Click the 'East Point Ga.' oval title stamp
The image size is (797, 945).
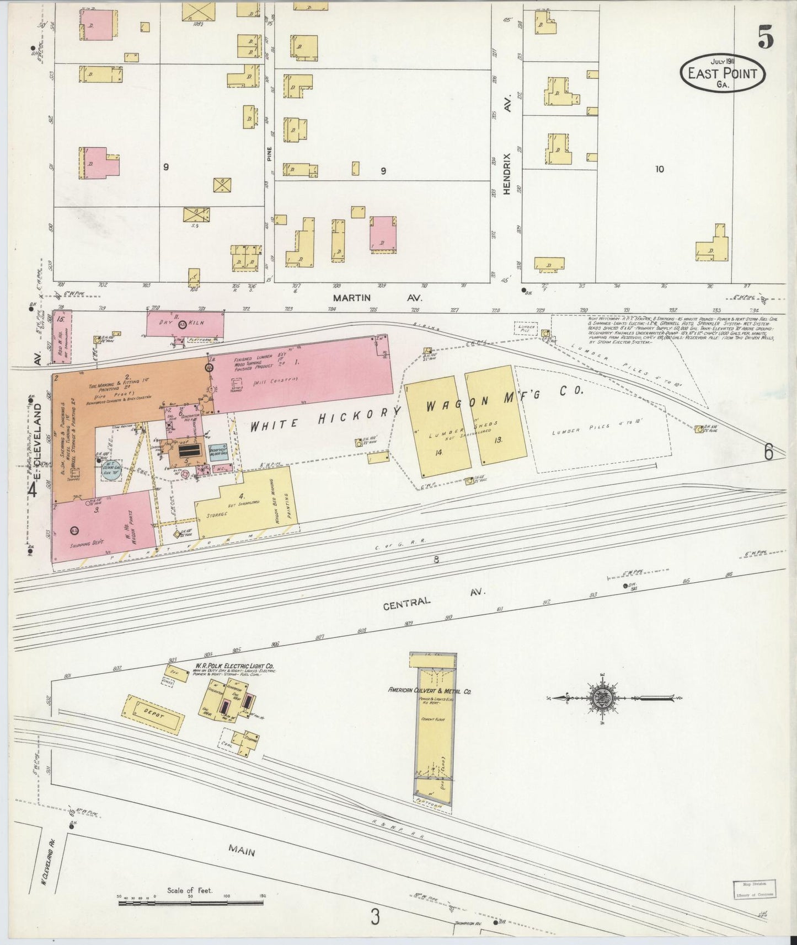(722, 73)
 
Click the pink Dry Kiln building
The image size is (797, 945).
(185, 324)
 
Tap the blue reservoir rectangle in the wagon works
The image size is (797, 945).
(217, 451)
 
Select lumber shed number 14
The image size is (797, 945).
(438, 427)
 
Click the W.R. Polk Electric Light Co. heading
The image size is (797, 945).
(233, 667)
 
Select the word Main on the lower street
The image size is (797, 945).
(241, 852)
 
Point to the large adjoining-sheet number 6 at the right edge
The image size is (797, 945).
(768, 452)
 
